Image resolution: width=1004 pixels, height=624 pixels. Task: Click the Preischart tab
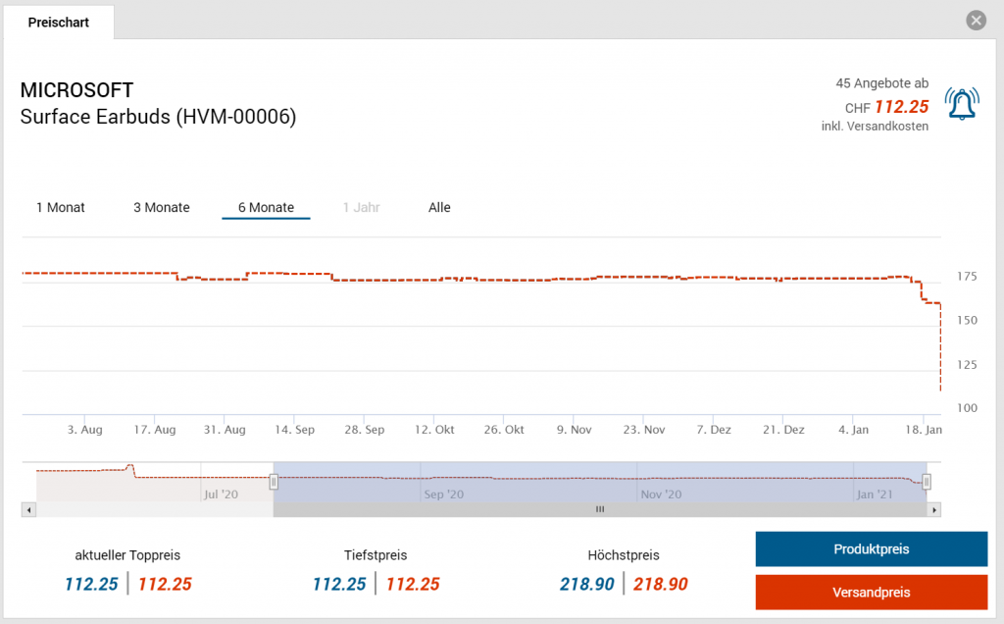[x=59, y=22]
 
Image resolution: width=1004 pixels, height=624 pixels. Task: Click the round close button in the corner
[x=976, y=21]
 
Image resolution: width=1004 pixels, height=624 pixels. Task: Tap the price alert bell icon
[x=961, y=103]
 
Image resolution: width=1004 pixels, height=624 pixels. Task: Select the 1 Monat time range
[x=61, y=207]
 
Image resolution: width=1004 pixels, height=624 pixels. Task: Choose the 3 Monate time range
[x=162, y=207]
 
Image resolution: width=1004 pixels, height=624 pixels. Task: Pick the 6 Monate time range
[x=266, y=207]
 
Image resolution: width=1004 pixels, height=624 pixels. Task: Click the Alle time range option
[x=439, y=207]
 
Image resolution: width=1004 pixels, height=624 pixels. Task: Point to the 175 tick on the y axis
[x=966, y=278]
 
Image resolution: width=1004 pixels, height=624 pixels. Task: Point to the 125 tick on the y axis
[x=966, y=365]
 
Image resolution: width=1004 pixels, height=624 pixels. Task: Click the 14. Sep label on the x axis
[x=294, y=430]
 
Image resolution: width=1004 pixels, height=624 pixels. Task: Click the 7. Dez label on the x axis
[x=714, y=430]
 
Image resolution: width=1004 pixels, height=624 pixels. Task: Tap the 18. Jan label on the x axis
[x=923, y=430]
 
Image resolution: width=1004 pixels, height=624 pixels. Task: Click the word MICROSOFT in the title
[x=76, y=91]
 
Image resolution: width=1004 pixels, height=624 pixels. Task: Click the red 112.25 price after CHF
[x=901, y=107]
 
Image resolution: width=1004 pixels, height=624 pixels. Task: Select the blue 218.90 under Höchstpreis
[x=587, y=584]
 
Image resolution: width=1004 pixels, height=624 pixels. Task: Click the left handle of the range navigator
[x=275, y=481]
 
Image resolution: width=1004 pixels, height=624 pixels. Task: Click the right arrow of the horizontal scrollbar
[x=934, y=509]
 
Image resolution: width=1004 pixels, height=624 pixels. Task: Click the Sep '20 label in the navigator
[x=444, y=494]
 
